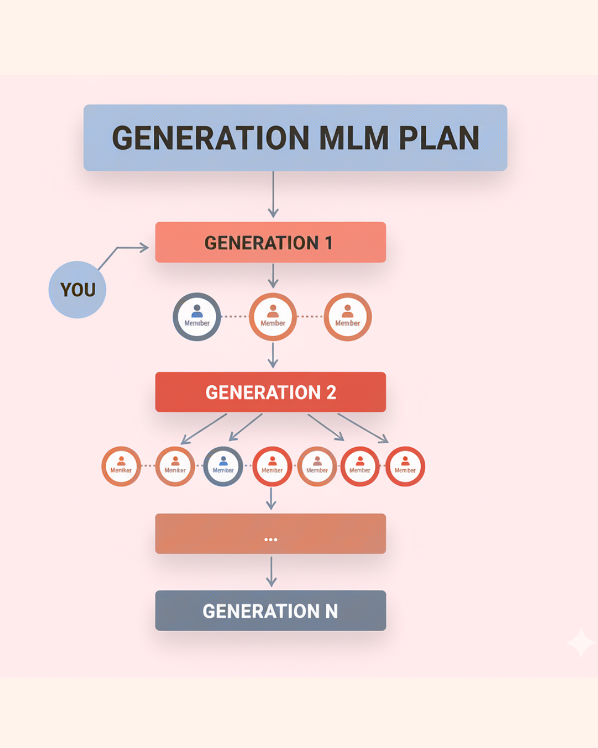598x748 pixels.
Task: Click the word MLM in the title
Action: [x=354, y=138]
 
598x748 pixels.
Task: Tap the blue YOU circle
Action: [x=78, y=289]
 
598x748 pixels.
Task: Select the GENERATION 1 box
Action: [x=270, y=242]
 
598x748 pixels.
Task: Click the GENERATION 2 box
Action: [x=270, y=392]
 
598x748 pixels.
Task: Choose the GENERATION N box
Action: [x=270, y=611]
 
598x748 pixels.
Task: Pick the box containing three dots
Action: [x=270, y=534]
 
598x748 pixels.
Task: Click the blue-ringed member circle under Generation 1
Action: [x=197, y=316]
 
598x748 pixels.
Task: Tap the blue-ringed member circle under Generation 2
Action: [x=223, y=467]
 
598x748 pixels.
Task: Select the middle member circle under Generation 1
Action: [x=273, y=316]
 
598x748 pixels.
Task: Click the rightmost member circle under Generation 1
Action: [x=348, y=316]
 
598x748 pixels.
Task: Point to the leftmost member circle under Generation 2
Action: [x=121, y=467]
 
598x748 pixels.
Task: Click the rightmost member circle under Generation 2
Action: [x=405, y=467]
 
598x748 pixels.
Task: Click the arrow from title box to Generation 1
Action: [x=273, y=194]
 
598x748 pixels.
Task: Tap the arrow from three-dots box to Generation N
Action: [x=271, y=571]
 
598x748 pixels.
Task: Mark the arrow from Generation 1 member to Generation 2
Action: [x=273, y=355]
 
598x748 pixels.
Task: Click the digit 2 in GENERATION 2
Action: [x=331, y=392]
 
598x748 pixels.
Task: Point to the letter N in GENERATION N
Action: [x=331, y=611]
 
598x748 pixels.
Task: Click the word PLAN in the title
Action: [x=439, y=138]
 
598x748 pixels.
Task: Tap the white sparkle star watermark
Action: [x=581, y=643]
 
